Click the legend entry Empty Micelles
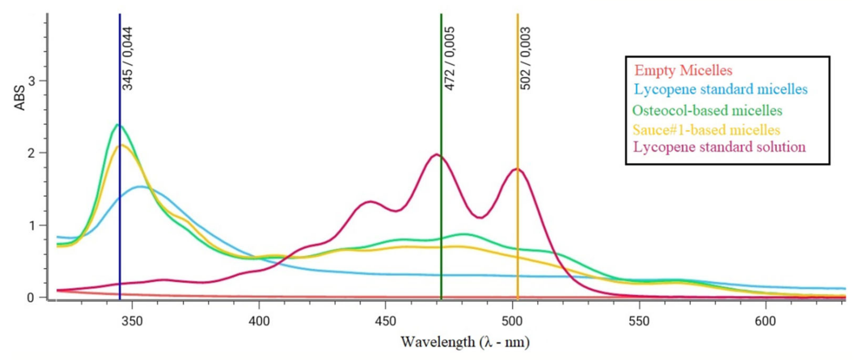coord(683,70)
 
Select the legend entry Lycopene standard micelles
coord(720,89)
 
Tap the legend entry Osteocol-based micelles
coord(707,110)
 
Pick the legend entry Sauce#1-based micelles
coord(706,130)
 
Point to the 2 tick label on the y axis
coord(32,153)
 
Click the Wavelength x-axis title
coord(465,342)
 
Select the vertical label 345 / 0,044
coord(128,58)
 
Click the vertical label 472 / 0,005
coord(449,58)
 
